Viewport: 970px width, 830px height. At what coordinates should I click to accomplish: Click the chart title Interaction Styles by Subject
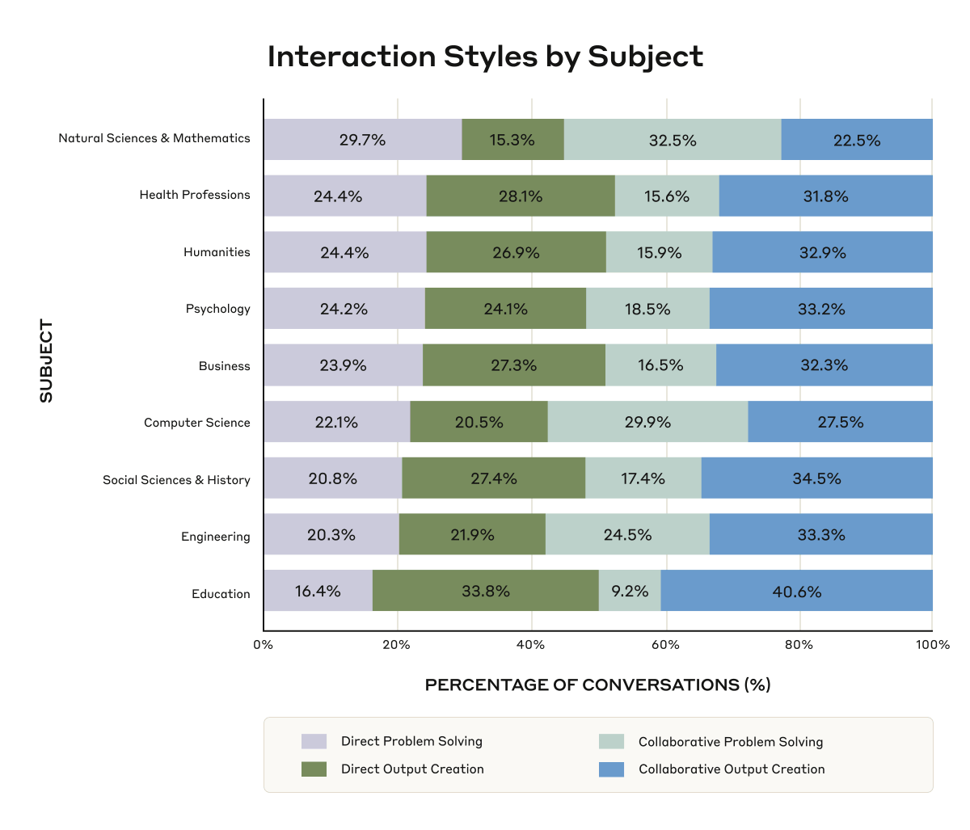(x=485, y=57)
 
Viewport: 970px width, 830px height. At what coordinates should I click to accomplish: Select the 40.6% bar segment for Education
(x=796, y=591)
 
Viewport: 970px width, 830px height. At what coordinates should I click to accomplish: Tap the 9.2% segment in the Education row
(x=630, y=591)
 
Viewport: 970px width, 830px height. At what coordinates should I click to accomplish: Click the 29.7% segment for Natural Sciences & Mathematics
(x=362, y=140)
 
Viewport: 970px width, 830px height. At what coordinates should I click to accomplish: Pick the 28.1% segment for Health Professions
(x=521, y=196)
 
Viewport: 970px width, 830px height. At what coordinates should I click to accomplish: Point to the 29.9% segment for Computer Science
(x=647, y=422)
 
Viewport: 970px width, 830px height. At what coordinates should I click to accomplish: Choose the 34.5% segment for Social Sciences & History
(x=816, y=478)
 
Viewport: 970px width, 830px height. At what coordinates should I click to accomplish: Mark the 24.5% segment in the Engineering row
(x=627, y=534)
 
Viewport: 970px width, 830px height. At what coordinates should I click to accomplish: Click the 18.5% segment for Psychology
(x=647, y=309)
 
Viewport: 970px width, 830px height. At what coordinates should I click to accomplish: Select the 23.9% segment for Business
(x=343, y=365)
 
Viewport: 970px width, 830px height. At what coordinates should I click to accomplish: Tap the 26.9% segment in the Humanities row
(x=516, y=252)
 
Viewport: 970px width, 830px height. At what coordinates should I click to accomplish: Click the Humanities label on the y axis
(x=217, y=252)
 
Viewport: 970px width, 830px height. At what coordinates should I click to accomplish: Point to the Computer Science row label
(x=197, y=423)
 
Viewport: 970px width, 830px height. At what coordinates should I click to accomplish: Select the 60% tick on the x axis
(x=665, y=645)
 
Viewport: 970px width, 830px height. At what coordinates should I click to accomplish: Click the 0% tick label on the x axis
(x=264, y=645)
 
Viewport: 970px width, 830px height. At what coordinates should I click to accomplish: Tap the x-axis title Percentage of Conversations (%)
(x=597, y=685)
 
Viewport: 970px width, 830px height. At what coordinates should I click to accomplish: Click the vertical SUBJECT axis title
(x=46, y=361)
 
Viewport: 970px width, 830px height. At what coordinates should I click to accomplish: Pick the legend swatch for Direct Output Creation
(x=314, y=769)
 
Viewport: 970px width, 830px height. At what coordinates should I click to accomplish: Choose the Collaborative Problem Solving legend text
(x=731, y=742)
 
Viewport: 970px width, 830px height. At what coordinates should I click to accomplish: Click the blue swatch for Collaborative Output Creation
(x=611, y=769)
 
